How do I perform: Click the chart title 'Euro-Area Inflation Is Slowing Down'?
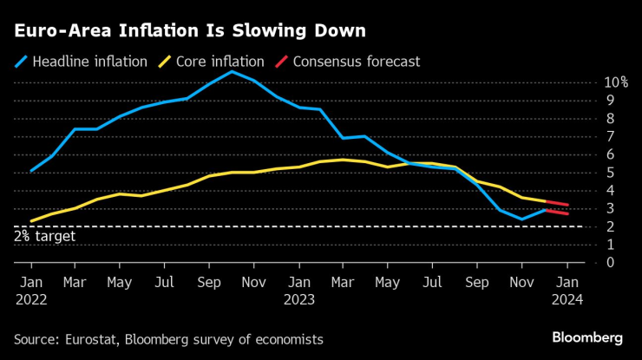click(189, 31)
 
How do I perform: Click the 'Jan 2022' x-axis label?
click(30, 291)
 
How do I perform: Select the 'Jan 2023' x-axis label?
click(299, 291)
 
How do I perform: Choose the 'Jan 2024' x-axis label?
click(567, 291)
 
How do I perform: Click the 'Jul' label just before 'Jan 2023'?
click(165, 282)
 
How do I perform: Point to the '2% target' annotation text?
click(44, 236)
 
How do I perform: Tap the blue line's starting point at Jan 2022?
click(31, 171)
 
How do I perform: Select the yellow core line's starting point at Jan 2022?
click(31, 221)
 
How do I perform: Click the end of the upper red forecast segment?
click(567, 205)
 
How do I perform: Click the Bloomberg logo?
click(587, 337)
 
